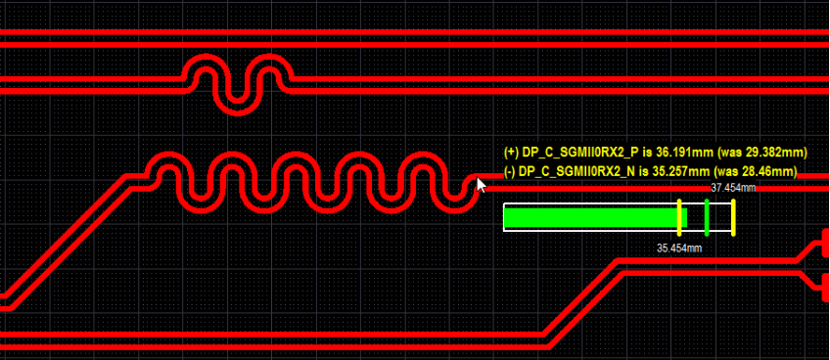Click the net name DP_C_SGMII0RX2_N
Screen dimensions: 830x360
(578, 171)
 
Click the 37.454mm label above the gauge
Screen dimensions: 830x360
(733, 188)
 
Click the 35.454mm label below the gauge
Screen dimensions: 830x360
(679, 248)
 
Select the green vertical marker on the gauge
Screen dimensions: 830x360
(707, 217)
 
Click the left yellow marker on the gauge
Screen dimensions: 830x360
(679, 217)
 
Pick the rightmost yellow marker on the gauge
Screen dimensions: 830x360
(733, 217)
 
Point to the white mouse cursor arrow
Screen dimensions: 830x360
(481, 185)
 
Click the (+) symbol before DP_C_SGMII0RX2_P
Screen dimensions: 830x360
(510, 153)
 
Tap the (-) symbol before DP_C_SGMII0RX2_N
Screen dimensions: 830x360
(509, 171)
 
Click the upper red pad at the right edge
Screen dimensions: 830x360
(824, 243)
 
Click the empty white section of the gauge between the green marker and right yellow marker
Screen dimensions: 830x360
(719, 217)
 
